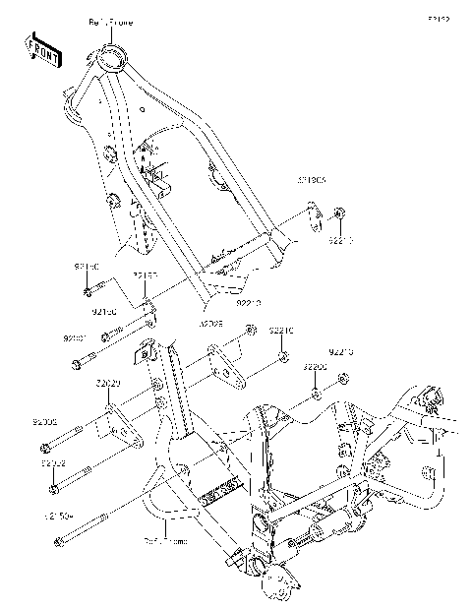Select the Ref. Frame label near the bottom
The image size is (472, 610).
click(164, 540)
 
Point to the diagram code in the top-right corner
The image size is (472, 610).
click(438, 19)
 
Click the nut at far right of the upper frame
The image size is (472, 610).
click(338, 213)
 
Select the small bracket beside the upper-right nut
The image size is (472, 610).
click(313, 217)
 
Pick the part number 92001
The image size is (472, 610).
click(76, 337)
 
